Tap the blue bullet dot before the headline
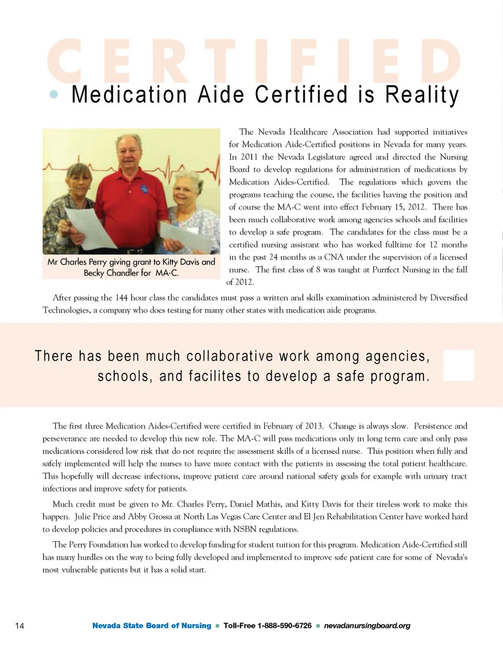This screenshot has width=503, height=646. coord(53,95)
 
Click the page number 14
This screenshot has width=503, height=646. coord(20,626)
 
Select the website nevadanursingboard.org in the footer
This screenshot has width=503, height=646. coord(367,626)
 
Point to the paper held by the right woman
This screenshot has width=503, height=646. coord(186,235)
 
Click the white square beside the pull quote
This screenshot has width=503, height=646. coord(458,365)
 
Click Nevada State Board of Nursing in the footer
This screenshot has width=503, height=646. coord(151,626)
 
